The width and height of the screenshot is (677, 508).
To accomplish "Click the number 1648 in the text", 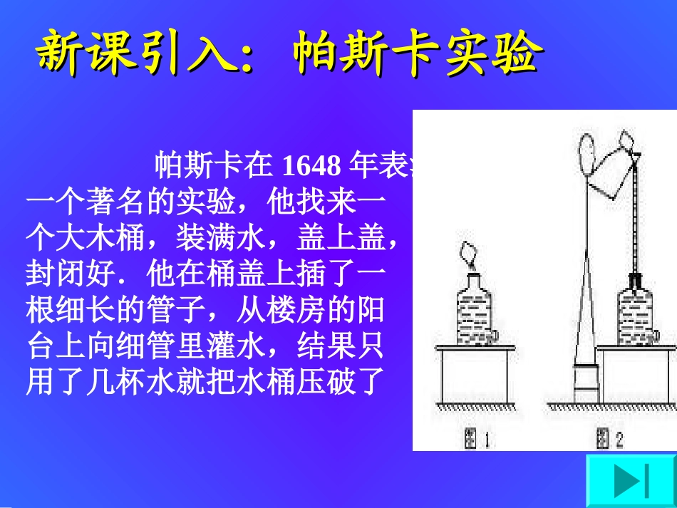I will [311, 167].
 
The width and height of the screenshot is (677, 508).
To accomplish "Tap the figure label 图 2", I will [610, 439].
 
